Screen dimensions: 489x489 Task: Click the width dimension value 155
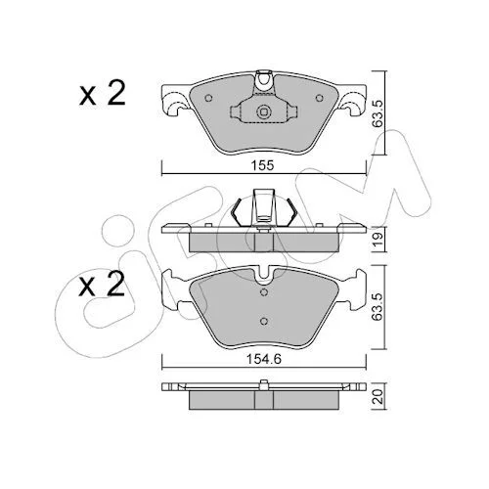[262, 165]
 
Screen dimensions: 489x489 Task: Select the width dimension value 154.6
[264, 359]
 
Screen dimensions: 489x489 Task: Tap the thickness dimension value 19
[378, 240]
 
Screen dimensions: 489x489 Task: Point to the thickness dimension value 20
[378, 396]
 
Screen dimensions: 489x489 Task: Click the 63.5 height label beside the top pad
[378, 112]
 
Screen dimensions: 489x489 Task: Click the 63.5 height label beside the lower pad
[378, 307]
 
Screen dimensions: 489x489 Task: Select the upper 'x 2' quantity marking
[102, 93]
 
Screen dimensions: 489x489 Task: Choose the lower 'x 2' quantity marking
[102, 285]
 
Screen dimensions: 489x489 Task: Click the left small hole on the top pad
[208, 98]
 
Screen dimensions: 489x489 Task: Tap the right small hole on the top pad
[320, 98]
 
